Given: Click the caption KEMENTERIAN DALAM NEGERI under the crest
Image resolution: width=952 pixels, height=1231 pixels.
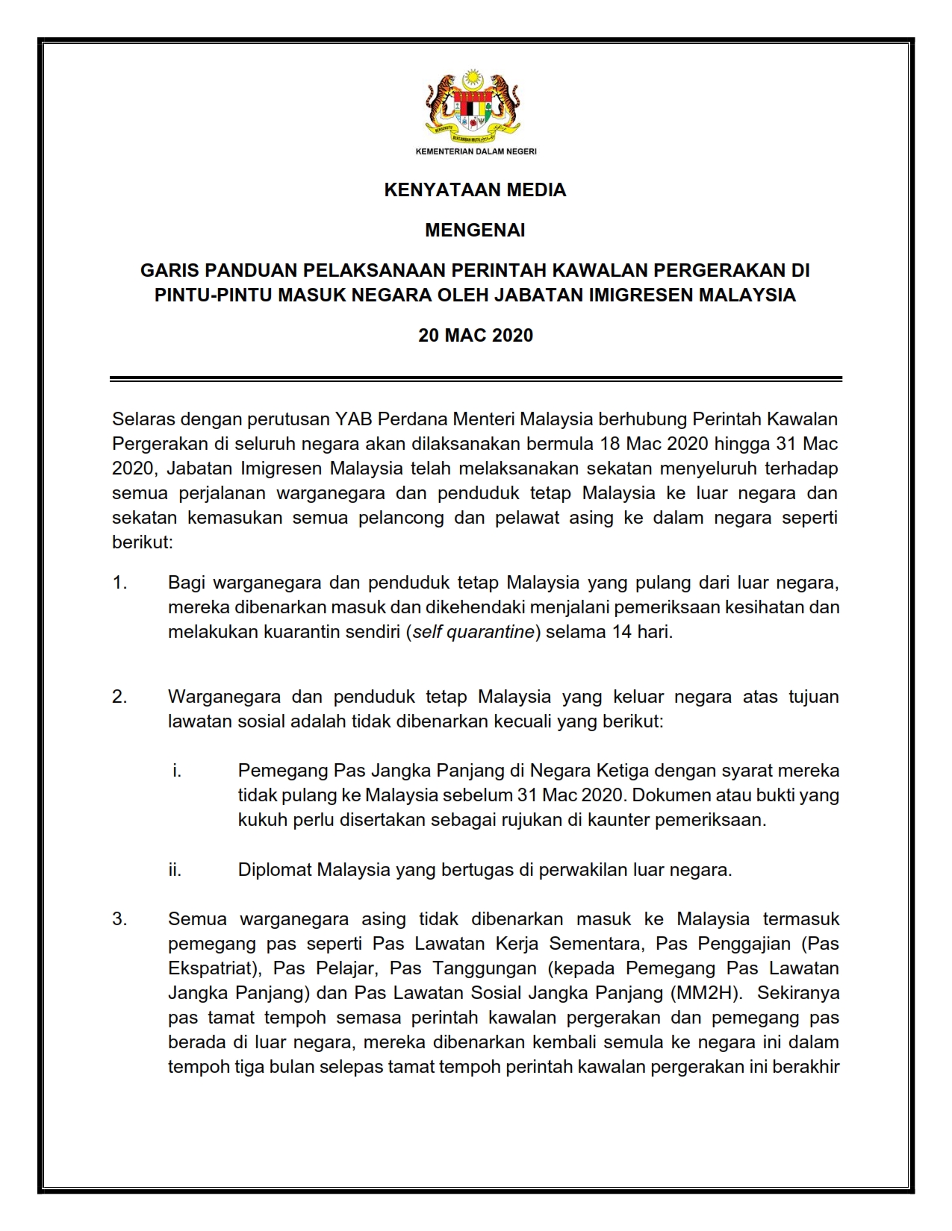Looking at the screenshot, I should click(x=476, y=151).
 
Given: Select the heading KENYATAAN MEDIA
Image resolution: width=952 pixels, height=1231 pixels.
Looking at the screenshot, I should click(x=475, y=190).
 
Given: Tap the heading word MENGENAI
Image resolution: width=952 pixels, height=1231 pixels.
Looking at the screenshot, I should click(x=475, y=231).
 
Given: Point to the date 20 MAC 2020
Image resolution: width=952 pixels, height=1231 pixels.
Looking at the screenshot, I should click(x=475, y=336).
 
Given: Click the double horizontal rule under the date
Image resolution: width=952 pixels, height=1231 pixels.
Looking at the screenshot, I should click(x=475, y=379).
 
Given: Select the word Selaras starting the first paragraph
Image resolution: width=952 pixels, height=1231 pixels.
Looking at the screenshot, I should click(x=143, y=419).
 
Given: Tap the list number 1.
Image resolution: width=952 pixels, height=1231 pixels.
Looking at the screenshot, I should click(x=119, y=583).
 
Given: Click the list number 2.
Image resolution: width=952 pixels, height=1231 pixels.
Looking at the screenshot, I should click(x=119, y=697).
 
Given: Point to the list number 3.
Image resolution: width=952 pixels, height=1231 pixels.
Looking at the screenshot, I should click(x=119, y=919).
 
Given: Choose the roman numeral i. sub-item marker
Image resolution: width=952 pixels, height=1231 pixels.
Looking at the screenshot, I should click(x=177, y=771).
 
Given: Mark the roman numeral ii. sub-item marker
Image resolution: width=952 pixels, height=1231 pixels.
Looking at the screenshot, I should click(x=175, y=870).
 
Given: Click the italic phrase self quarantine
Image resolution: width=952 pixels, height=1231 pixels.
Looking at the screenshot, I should click(x=473, y=632).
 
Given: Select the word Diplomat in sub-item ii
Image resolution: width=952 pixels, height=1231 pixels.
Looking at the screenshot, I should click(x=275, y=870).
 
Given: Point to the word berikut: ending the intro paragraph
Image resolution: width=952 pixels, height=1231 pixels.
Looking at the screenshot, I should click(x=143, y=542).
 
